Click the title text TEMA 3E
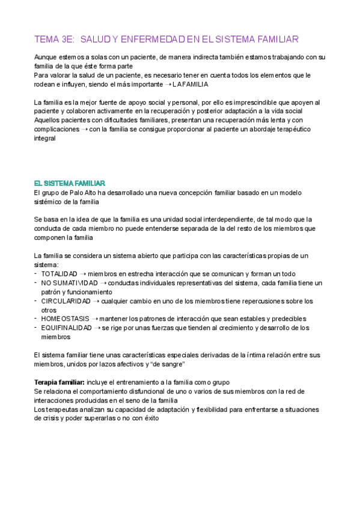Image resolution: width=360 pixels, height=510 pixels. pos(53,40)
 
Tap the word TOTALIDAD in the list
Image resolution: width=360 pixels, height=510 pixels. pos(59,274)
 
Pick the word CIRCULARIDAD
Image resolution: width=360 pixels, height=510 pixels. pos(66,301)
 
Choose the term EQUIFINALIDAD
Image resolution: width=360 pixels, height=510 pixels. pos(66,328)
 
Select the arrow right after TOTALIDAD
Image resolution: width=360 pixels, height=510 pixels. pos(83,274)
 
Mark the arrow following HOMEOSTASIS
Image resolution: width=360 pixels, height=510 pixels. pos(94,319)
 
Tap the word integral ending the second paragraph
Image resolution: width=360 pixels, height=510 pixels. pos(44,138)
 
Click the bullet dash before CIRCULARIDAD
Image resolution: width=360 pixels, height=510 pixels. pos(36,301)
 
